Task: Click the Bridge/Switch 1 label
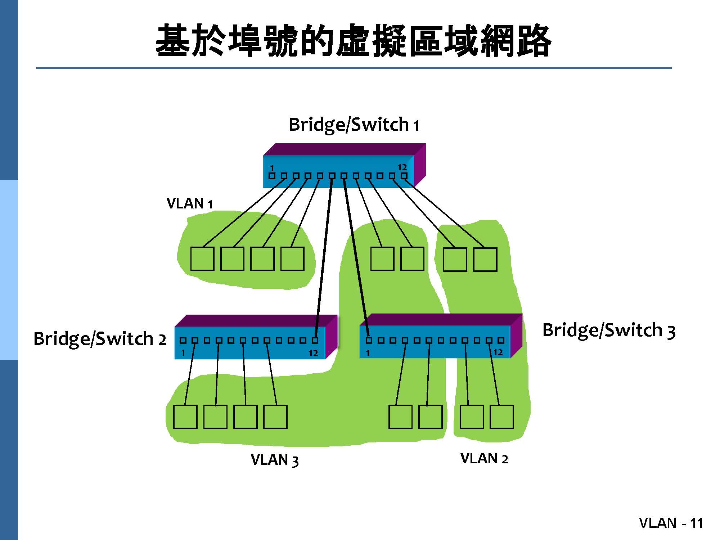(x=354, y=125)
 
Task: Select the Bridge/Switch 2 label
(x=100, y=339)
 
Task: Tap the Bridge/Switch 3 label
(x=608, y=330)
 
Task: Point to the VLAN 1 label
(x=189, y=204)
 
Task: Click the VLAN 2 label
(x=484, y=459)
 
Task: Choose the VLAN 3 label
(x=275, y=460)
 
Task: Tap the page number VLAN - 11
(x=671, y=523)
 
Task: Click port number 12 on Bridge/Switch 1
(x=402, y=167)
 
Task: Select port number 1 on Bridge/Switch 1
(x=272, y=168)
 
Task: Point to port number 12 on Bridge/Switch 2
(x=313, y=353)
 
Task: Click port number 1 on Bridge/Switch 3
(x=368, y=353)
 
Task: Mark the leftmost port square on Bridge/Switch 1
(x=272, y=176)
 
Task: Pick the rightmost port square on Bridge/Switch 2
(x=315, y=340)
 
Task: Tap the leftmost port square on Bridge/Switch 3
(x=369, y=340)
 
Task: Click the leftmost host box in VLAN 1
(x=202, y=258)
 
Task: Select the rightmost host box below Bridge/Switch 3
(x=502, y=417)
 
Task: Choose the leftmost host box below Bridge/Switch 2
(x=185, y=417)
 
